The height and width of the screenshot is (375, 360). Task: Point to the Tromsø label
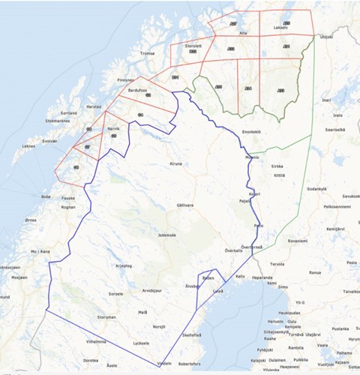tap(146, 53)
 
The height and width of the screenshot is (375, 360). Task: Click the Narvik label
tap(114, 128)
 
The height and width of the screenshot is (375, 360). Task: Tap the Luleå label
tap(219, 291)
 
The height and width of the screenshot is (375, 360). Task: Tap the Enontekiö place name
tap(251, 132)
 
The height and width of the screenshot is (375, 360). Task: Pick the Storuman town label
tap(107, 317)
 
